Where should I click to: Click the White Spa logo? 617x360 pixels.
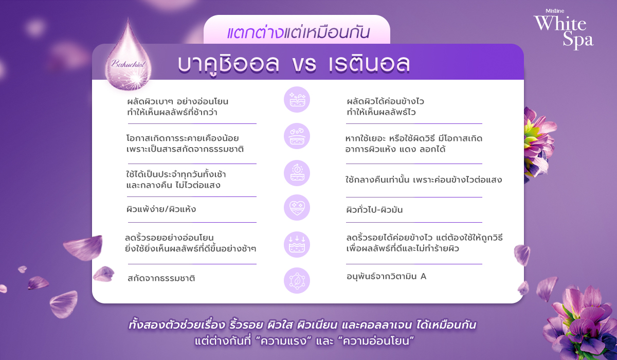tap(564, 32)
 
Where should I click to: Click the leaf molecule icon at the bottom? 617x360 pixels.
tap(297, 280)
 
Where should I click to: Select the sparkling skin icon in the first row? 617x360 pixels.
tap(297, 99)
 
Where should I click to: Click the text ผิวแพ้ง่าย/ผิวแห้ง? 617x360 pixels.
tap(161, 210)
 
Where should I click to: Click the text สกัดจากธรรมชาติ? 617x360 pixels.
tap(161, 279)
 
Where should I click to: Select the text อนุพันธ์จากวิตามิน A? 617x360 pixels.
tap(387, 276)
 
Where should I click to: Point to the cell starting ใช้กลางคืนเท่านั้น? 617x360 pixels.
tap(424, 181)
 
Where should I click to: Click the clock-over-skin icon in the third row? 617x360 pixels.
tap(297, 173)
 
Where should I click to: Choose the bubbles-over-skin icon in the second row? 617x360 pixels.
tap(297, 136)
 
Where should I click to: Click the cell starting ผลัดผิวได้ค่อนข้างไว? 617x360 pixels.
tap(385, 106)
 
